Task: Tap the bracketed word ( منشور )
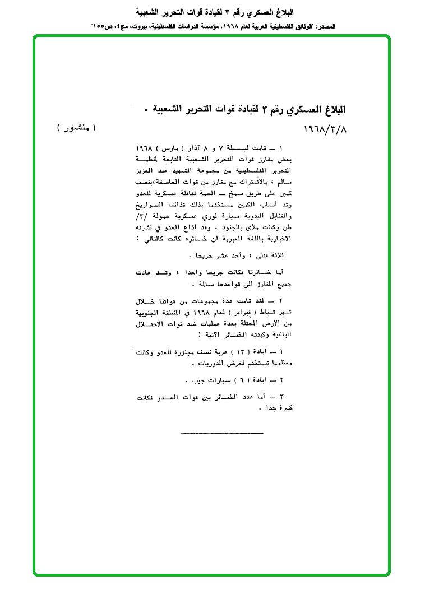[77, 128]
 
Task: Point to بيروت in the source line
[147, 26]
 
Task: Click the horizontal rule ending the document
[214, 431]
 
